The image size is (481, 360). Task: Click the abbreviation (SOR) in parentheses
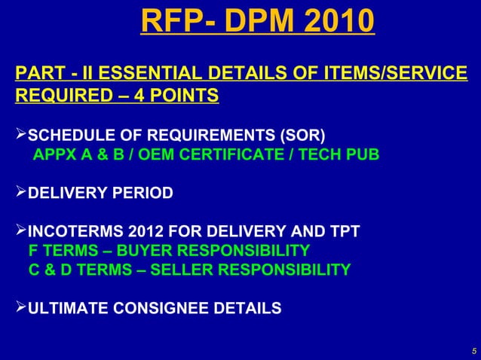302,136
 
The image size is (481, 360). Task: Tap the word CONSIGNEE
165,307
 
